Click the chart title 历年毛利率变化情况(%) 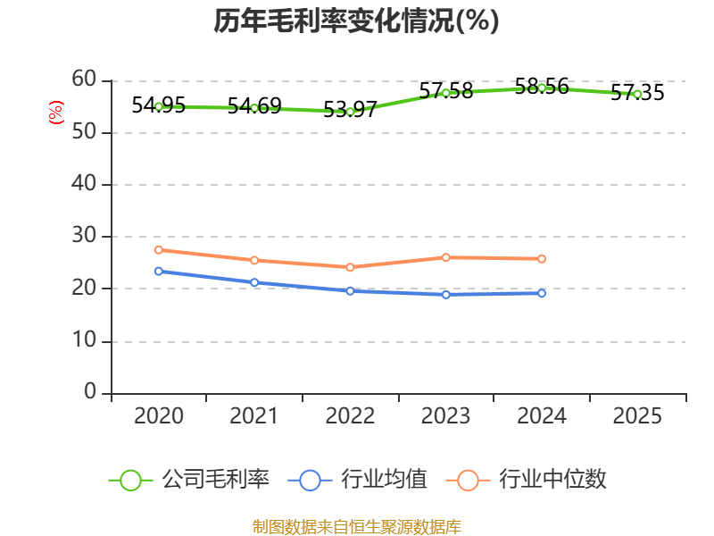(356, 21)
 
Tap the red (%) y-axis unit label (55, 113)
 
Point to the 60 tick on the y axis (84, 80)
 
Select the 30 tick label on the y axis (84, 237)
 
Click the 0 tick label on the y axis (90, 392)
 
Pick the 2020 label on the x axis (159, 416)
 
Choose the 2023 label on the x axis (445, 416)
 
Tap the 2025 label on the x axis (637, 416)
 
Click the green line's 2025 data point (637, 94)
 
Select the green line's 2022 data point (351, 112)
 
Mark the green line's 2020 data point (159, 106)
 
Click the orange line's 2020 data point (159, 249)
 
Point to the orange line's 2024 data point (542, 258)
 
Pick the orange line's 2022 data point (351, 267)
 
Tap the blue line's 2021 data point (254, 282)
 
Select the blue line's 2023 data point (445, 294)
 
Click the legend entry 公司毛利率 (189, 480)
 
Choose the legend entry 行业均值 (358, 480)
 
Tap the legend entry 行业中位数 (532, 480)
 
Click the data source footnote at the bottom (356, 526)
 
